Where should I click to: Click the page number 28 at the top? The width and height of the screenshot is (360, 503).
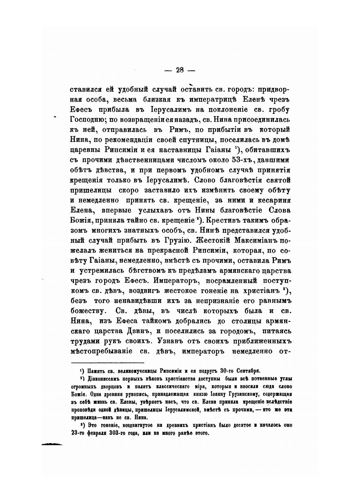[x=180, y=70]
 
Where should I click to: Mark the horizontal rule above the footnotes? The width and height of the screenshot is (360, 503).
[x=107, y=363]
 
